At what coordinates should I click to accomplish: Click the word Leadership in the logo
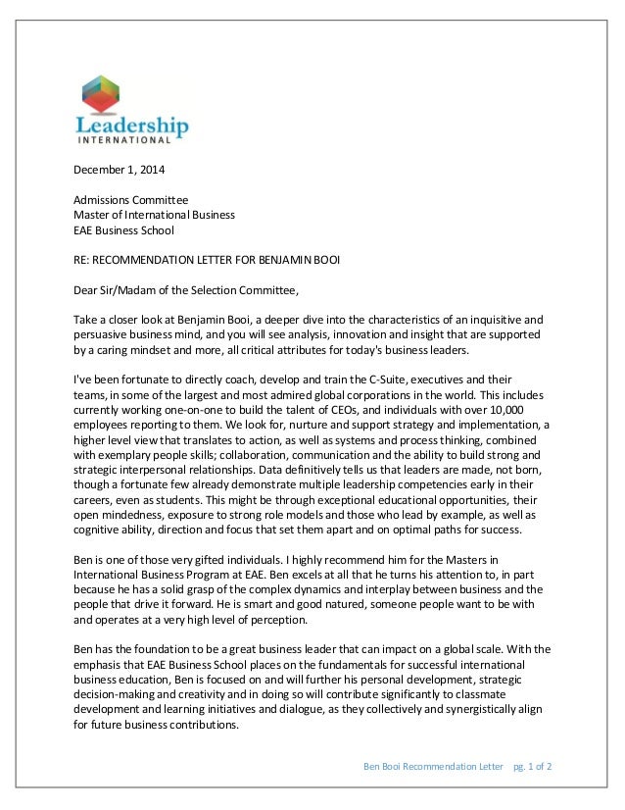tap(132, 127)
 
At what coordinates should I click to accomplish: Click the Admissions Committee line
tap(131, 200)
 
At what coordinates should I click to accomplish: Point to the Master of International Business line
tap(155, 215)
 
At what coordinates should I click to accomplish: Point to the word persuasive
tap(107, 334)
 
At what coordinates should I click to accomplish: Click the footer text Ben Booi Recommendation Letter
tap(430, 765)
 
